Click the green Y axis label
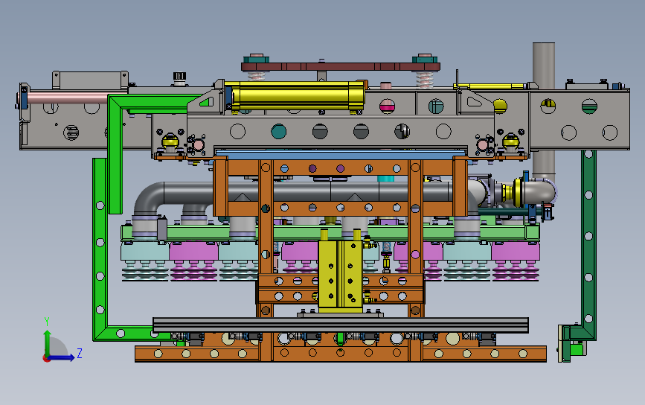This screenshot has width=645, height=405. (46, 322)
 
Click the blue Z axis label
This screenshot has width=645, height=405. (80, 353)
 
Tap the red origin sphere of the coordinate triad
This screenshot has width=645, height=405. (46, 359)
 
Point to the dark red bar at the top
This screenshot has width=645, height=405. (341, 66)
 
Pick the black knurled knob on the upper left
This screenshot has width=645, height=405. (179, 77)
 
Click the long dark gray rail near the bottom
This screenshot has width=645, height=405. (341, 325)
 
